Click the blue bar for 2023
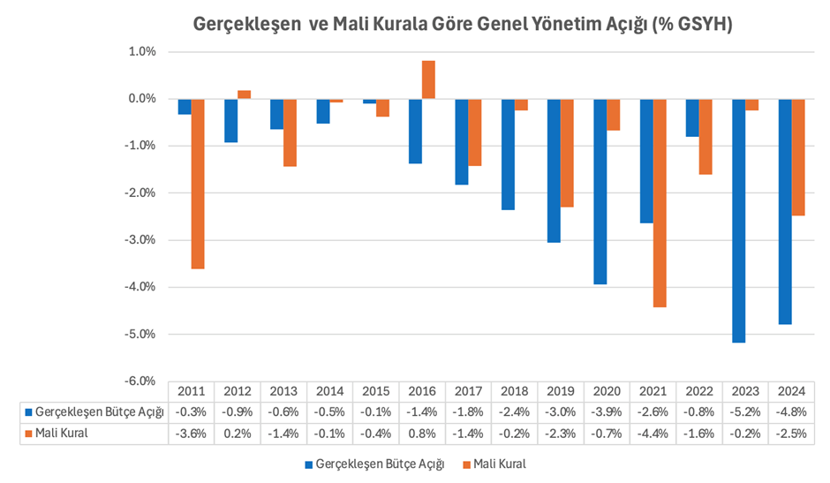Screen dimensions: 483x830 point(739,221)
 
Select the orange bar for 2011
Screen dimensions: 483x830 point(198,184)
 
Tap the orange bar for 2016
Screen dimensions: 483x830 point(428,79)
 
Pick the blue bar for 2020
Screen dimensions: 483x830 point(600,192)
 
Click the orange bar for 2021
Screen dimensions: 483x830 point(660,203)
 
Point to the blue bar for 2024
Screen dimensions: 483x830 point(785,212)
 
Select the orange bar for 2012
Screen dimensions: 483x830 point(244,94)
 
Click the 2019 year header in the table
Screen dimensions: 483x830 point(562,391)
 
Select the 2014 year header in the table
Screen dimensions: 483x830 point(329,391)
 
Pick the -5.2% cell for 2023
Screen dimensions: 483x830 point(746,411)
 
